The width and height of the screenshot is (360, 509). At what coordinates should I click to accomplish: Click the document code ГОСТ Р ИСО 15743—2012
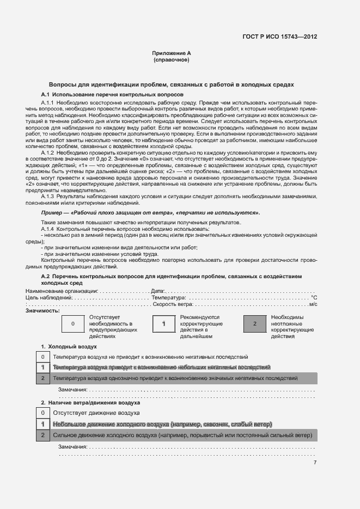pyautogui.click(x=279, y=36)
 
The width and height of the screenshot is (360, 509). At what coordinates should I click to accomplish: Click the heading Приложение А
pyautogui.click(x=172, y=53)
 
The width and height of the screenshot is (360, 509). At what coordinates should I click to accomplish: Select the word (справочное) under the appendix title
pyautogui.click(x=172, y=60)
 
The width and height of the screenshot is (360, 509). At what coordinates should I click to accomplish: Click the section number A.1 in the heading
pyautogui.click(x=46, y=95)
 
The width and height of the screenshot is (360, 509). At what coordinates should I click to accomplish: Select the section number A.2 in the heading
pyautogui.click(x=46, y=277)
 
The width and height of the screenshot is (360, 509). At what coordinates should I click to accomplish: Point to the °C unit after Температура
pyautogui.click(x=314, y=298)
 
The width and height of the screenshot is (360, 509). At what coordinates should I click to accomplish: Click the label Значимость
pyautogui.click(x=42, y=311)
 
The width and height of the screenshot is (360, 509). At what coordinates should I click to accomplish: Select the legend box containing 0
pyautogui.click(x=73, y=324)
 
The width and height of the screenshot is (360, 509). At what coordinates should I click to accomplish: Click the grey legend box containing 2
pyautogui.click(x=255, y=324)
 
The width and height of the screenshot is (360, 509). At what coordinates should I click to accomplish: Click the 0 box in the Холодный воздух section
pyautogui.click(x=42, y=357)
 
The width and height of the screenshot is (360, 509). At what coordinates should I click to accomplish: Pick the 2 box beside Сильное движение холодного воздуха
pyautogui.click(x=42, y=436)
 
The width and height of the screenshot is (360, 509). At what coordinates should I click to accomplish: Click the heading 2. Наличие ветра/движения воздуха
pyautogui.click(x=90, y=403)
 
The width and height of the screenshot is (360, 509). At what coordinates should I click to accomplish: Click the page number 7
pyautogui.click(x=315, y=463)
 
